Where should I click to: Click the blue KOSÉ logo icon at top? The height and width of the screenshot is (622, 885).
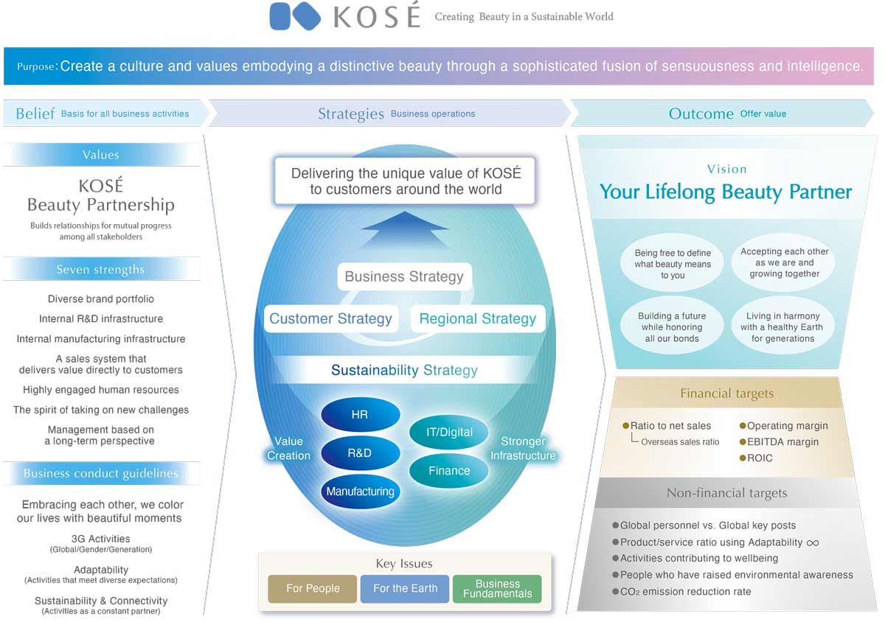pyautogui.click(x=295, y=16)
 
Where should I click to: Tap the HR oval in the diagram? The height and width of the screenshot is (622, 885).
pyautogui.click(x=360, y=415)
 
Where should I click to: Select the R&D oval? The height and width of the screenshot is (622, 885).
pyautogui.click(x=360, y=453)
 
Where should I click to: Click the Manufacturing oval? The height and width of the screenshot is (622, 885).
pyautogui.click(x=360, y=492)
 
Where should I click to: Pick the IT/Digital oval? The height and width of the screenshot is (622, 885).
pyautogui.click(x=449, y=432)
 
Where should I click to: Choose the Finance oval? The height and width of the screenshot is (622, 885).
pyautogui.click(x=449, y=471)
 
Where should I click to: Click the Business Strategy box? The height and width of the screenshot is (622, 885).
pyautogui.click(x=404, y=277)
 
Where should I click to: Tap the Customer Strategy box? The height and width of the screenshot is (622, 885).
pyautogui.click(x=330, y=319)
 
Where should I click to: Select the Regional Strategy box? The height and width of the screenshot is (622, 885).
pyautogui.click(x=477, y=319)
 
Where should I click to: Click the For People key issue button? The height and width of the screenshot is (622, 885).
pyautogui.click(x=313, y=589)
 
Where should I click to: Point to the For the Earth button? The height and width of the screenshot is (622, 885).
pyautogui.click(x=405, y=589)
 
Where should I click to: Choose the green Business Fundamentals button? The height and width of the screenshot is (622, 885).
pyautogui.click(x=497, y=589)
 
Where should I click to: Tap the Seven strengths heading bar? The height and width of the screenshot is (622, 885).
pyautogui.click(x=101, y=270)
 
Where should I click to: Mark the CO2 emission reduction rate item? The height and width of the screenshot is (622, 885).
pyautogui.click(x=685, y=591)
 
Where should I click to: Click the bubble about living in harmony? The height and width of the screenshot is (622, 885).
pyautogui.click(x=782, y=328)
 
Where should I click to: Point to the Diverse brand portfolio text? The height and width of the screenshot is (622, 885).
pyautogui.click(x=101, y=299)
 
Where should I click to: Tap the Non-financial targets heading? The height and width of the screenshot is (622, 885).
pyautogui.click(x=726, y=494)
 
